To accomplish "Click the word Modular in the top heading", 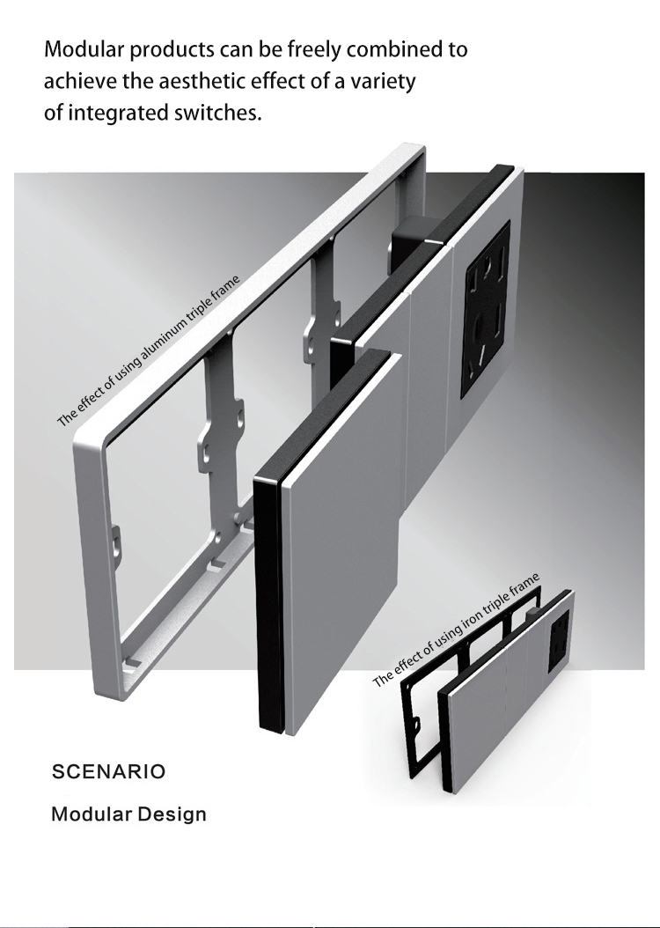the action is pos(84,48).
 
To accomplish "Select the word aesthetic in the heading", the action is pos(201,80).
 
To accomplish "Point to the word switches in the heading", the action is pos(217,112).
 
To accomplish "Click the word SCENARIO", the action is pos(109,772).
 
